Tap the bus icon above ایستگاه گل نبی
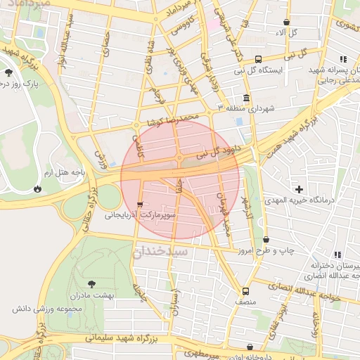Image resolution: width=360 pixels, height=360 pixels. click(258, 60)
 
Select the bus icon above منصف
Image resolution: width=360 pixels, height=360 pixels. click(245, 290)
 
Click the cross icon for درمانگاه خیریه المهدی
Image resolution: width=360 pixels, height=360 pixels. click(300, 189)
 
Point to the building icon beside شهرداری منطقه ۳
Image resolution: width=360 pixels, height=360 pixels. click(246, 98)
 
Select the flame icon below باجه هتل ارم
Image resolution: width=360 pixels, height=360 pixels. click(37, 188)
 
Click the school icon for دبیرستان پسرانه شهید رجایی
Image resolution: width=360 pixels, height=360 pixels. click(342, 60)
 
